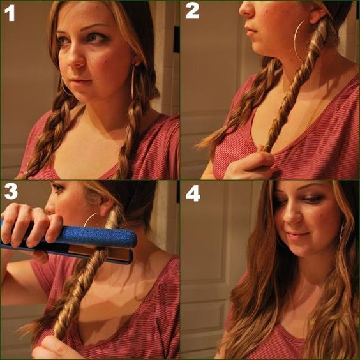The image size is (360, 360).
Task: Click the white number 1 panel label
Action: (x=10, y=13)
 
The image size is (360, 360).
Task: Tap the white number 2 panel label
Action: (x=192, y=11)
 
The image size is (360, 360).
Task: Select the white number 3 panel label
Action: (x=11, y=191)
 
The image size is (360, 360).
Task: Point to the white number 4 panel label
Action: (x=193, y=194)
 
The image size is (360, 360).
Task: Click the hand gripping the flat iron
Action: (x=30, y=224)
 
